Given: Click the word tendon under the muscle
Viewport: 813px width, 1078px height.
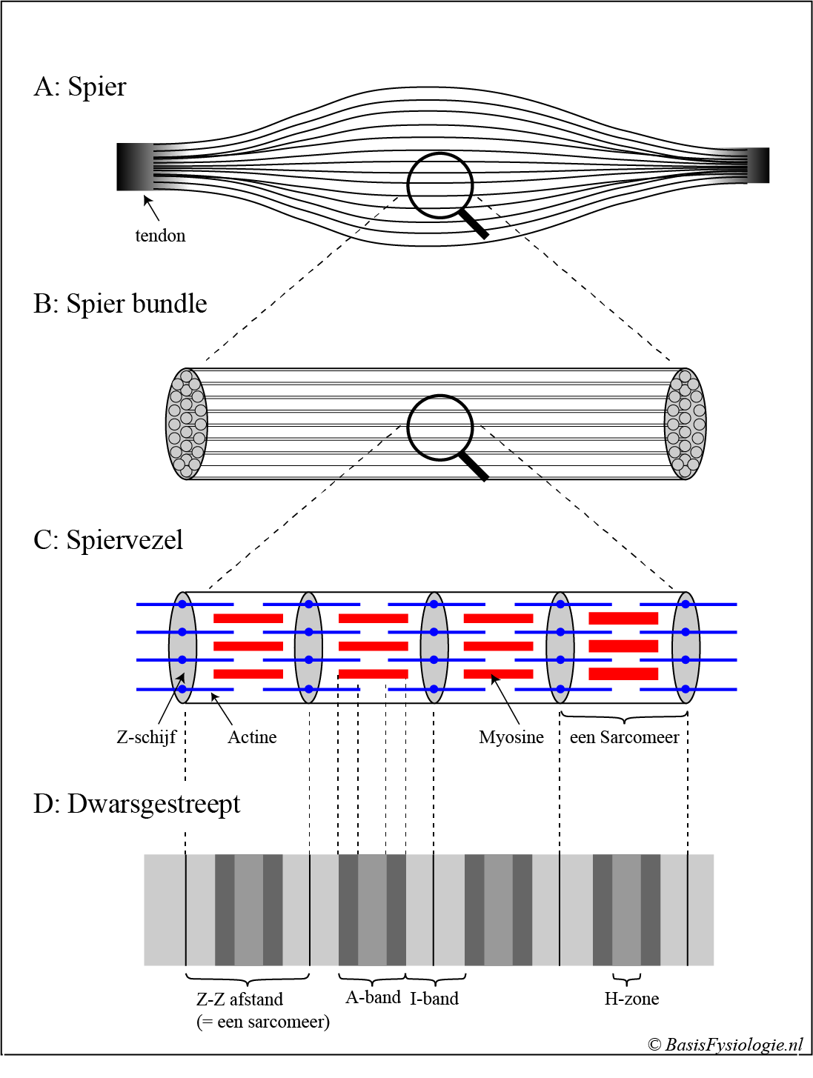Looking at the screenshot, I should click(160, 236).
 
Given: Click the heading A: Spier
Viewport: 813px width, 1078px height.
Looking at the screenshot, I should click(80, 87).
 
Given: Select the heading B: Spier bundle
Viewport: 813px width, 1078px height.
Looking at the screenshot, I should click(120, 304).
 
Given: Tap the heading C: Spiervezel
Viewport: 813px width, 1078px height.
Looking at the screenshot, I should click(108, 540).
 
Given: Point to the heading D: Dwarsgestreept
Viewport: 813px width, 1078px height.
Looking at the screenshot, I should click(137, 804).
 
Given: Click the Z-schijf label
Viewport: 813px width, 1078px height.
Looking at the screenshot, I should click(146, 737).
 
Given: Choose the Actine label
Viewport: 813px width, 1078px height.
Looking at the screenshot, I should click(252, 737).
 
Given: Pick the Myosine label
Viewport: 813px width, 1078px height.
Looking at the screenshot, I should click(511, 737).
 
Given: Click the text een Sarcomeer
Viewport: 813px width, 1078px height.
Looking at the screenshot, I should click(624, 737).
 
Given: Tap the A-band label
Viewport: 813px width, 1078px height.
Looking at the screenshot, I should click(373, 997).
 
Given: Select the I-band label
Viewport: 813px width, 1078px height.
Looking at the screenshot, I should click(434, 999).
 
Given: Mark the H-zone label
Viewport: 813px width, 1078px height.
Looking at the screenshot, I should click(631, 999).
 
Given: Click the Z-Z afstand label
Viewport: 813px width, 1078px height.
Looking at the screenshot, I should click(239, 999).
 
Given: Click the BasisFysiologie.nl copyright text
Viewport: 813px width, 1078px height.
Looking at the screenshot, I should click(726, 1045).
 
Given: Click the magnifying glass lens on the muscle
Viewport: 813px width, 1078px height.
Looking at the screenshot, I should click(440, 185).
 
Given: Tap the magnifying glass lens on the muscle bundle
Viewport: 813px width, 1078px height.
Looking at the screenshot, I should click(440, 427).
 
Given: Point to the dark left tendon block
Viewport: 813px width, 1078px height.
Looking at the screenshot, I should click(134, 167).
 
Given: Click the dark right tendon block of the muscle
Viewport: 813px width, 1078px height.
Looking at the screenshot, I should click(758, 165).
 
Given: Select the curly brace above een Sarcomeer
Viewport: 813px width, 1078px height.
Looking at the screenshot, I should click(624, 717).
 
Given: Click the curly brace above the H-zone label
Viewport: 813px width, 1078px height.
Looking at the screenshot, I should click(627, 979).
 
